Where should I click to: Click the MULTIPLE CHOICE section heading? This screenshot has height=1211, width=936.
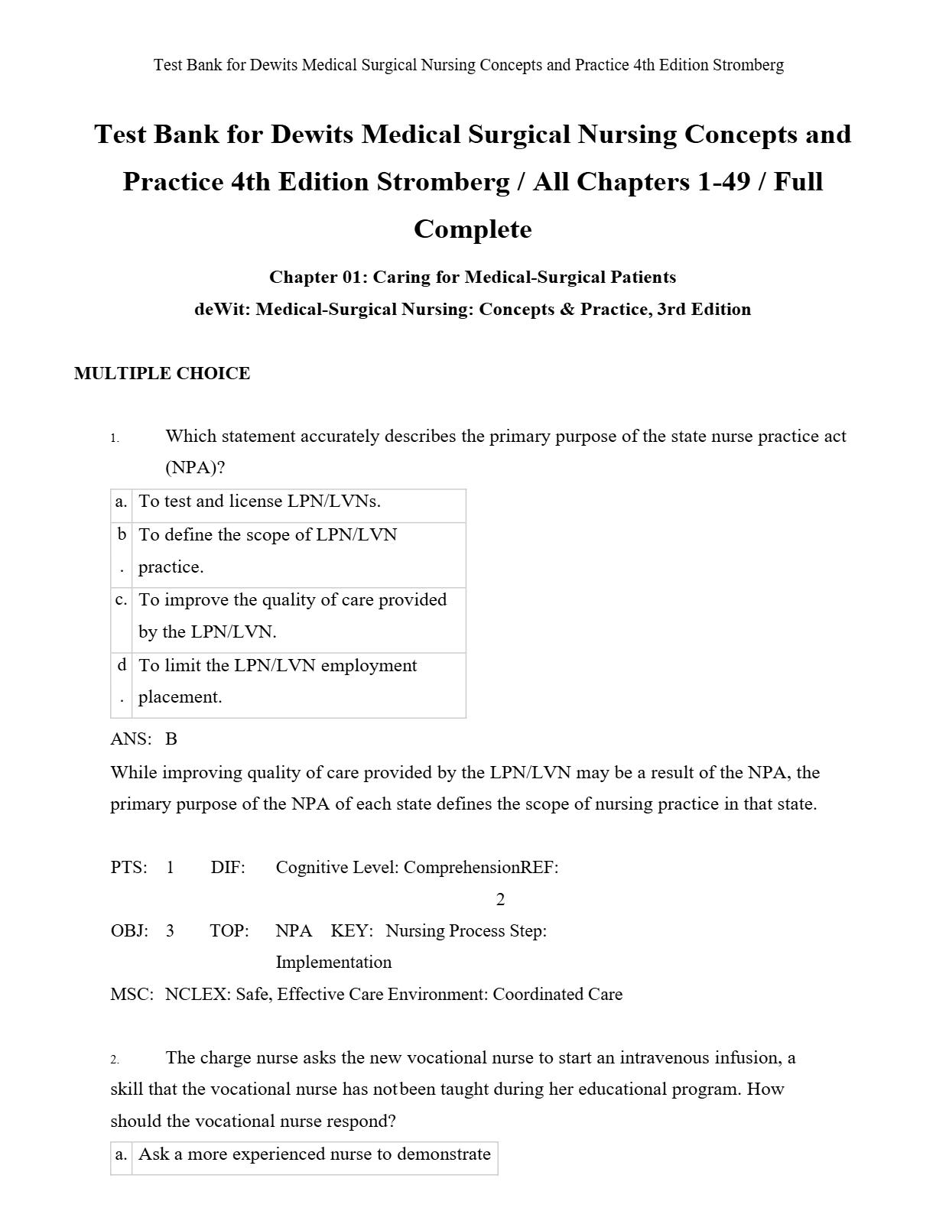click(x=162, y=373)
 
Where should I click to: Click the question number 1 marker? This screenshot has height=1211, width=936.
click(x=115, y=438)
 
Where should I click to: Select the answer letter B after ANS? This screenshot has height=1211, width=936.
click(x=171, y=739)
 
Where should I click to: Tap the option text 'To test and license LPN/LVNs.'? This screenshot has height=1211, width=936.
click(x=259, y=502)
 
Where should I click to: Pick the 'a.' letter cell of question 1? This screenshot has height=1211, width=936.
click(x=121, y=502)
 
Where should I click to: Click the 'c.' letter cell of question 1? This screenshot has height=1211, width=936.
click(x=121, y=600)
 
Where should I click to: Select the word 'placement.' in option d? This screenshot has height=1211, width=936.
click(x=180, y=697)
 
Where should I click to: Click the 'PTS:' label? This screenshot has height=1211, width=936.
click(x=128, y=867)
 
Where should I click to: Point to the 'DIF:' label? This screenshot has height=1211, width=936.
click(x=228, y=867)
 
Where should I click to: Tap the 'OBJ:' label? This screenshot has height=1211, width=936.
click(x=129, y=930)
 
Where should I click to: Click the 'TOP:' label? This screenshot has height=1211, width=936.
click(x=229, y=930)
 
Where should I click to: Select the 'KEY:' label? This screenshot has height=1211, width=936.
click(x=352, y=930)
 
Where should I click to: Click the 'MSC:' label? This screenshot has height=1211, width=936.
click(x=132, y=994)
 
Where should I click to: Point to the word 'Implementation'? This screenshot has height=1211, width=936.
click(x=333, y=962)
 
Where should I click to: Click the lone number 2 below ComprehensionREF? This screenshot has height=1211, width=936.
click(x=500, y=899)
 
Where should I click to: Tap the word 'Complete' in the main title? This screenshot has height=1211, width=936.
click(x=473, y=229)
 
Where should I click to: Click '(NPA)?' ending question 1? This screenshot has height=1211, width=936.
click(x=195, y=468)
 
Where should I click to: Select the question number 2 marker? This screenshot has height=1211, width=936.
click(x=115, y=1060)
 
